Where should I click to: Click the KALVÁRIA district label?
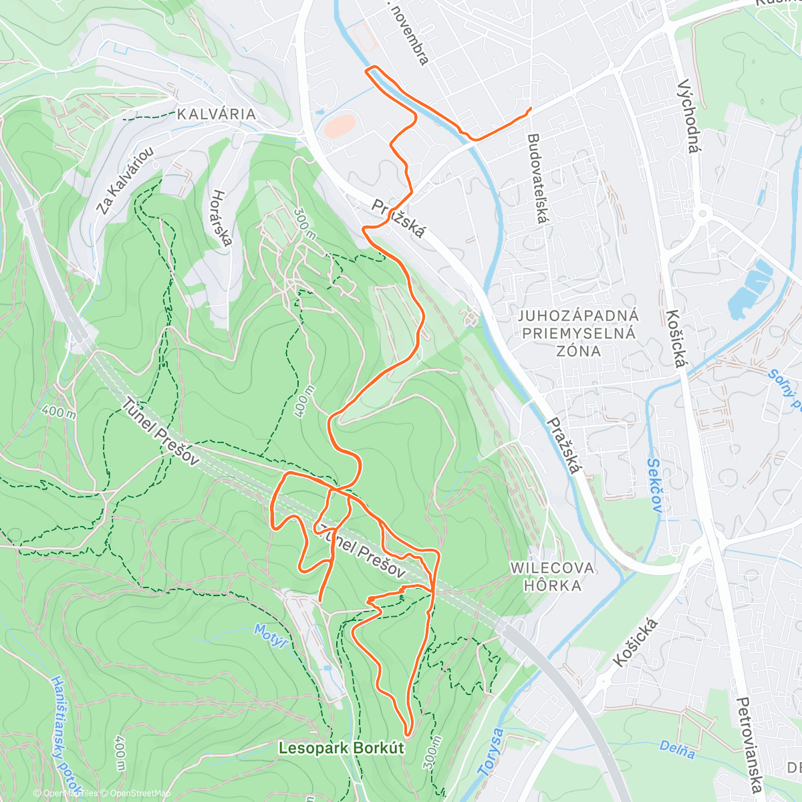pyautogui.click(x=216, y=114)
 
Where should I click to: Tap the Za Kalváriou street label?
pyautogui.click(x=124, y=180)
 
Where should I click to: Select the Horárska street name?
pyautogui.click(x=221, y=217)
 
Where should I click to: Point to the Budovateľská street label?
pyautogui.click(x=537, y=178)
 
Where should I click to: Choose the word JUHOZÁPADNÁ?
pyautogui.click(x=579, y=315)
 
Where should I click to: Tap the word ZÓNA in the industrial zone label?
pyautogui.click(x=579, y=351)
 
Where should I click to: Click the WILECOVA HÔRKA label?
pyautogui.click(x=552, y=576)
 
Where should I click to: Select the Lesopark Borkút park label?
pyautogui.click(x=341, y=748)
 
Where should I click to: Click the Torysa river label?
pyautogui.click(x=491, y=752)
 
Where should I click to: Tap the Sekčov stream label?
pyautogui.click(x=655, y=485)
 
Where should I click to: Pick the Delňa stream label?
pyautogui.click(x=676, y=750)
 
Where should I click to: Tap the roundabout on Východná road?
pyautogui.click(x=702, y=215)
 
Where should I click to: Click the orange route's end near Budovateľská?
pyautogui.click(x=530, y=108)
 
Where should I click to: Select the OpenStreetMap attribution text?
pyautogui.click(x=140, y=793)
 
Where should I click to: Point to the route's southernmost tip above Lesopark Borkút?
pyautogui.click(x=408, y=734)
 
